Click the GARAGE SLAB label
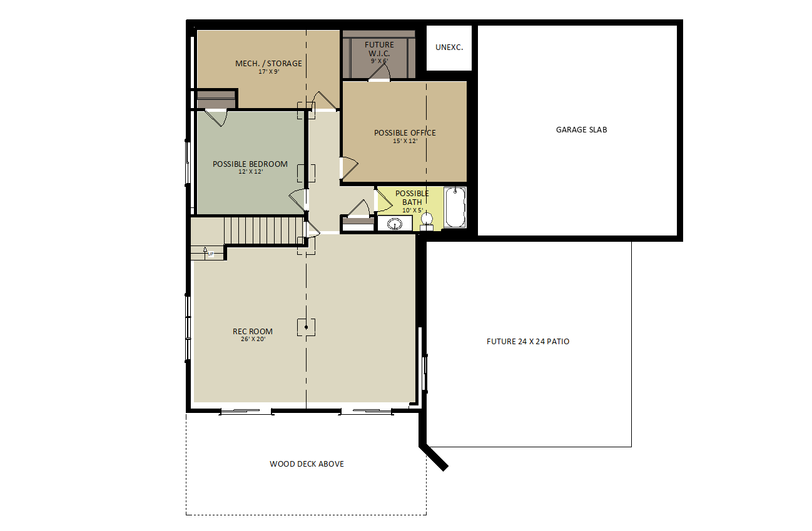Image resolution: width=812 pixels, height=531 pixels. pyautogui.click(x=581, y=129)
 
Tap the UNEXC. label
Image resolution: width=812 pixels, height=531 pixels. pyautogui.click(x=449, y=47)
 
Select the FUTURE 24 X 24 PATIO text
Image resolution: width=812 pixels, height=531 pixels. pyautogui.click(x=528, y=341)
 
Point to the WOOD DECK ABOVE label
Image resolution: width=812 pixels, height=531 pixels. pyautogui.click(x=307, y=464)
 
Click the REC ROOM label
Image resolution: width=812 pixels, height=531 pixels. pyautogui.click(x=253, y=331)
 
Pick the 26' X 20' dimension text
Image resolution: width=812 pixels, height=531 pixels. pyautogui.click(x=253, y=339)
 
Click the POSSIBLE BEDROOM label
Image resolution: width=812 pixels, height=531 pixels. pyautogui.click(x=250, y=164)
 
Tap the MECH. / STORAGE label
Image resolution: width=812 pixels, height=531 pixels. pyautogui.click(x=268, y=63)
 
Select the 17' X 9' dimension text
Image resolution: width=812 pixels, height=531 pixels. pyautogui.click(x=268, y=72)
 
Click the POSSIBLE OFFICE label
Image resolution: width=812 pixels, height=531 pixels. pyautogui.click(x=405, y=133)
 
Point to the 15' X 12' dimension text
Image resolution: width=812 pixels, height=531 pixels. pyautogui.click(x=405, y=141)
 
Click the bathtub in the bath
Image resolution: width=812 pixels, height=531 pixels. pyautogui.click(x=455, y=207)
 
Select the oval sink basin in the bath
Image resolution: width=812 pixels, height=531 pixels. pyautogui.click(x=394, y=224)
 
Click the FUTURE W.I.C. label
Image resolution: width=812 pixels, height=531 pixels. pyautogui.click(x=379, y=49)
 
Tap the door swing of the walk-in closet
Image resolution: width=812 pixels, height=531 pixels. pyautogui.click(x=379, y=72)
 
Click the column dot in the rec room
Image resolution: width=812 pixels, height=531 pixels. pyautogui.click(x=307, y=327)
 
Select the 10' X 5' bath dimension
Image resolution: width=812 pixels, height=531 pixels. pyautogui.click(x=412, y=211)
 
